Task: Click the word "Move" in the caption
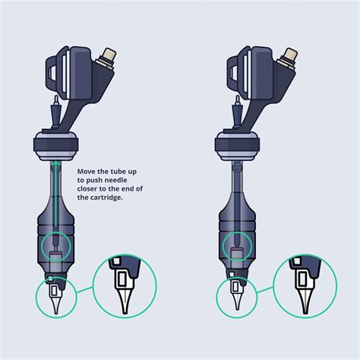86,172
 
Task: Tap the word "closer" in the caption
89,189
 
